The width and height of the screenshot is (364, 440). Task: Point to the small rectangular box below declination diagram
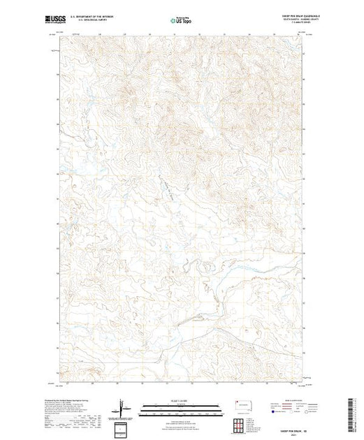point(123,427)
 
